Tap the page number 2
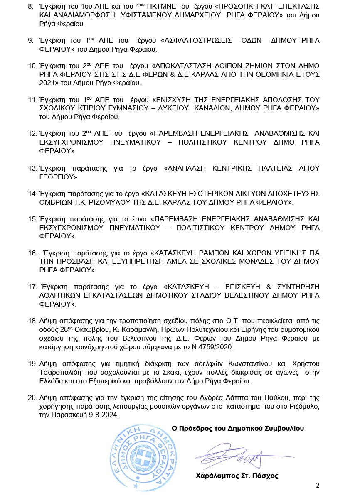point(318,486)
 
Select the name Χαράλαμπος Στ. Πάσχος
point(237,476)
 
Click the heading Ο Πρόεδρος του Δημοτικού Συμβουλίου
point(238,428)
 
